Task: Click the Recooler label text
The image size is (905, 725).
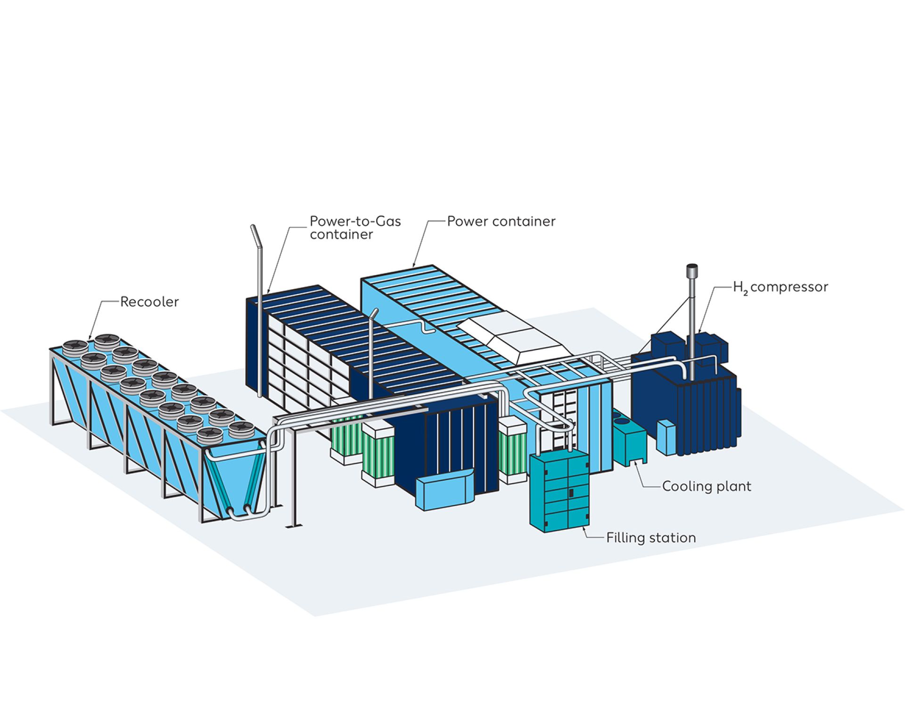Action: pos(149,302)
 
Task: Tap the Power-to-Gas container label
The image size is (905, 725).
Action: pos(355,228)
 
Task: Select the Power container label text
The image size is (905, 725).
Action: pos(501,221)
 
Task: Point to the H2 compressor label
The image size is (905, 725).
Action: pos(780,287)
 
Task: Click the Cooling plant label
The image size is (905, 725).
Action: pos(706,486)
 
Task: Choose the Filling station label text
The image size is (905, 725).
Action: pos(650,538)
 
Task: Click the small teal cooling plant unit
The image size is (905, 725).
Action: pos(629,441)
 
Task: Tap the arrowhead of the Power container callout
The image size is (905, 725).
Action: pos(414,266)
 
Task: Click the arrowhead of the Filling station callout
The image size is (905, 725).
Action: pos(585,527)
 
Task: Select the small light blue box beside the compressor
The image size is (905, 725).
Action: pos(666,437)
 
